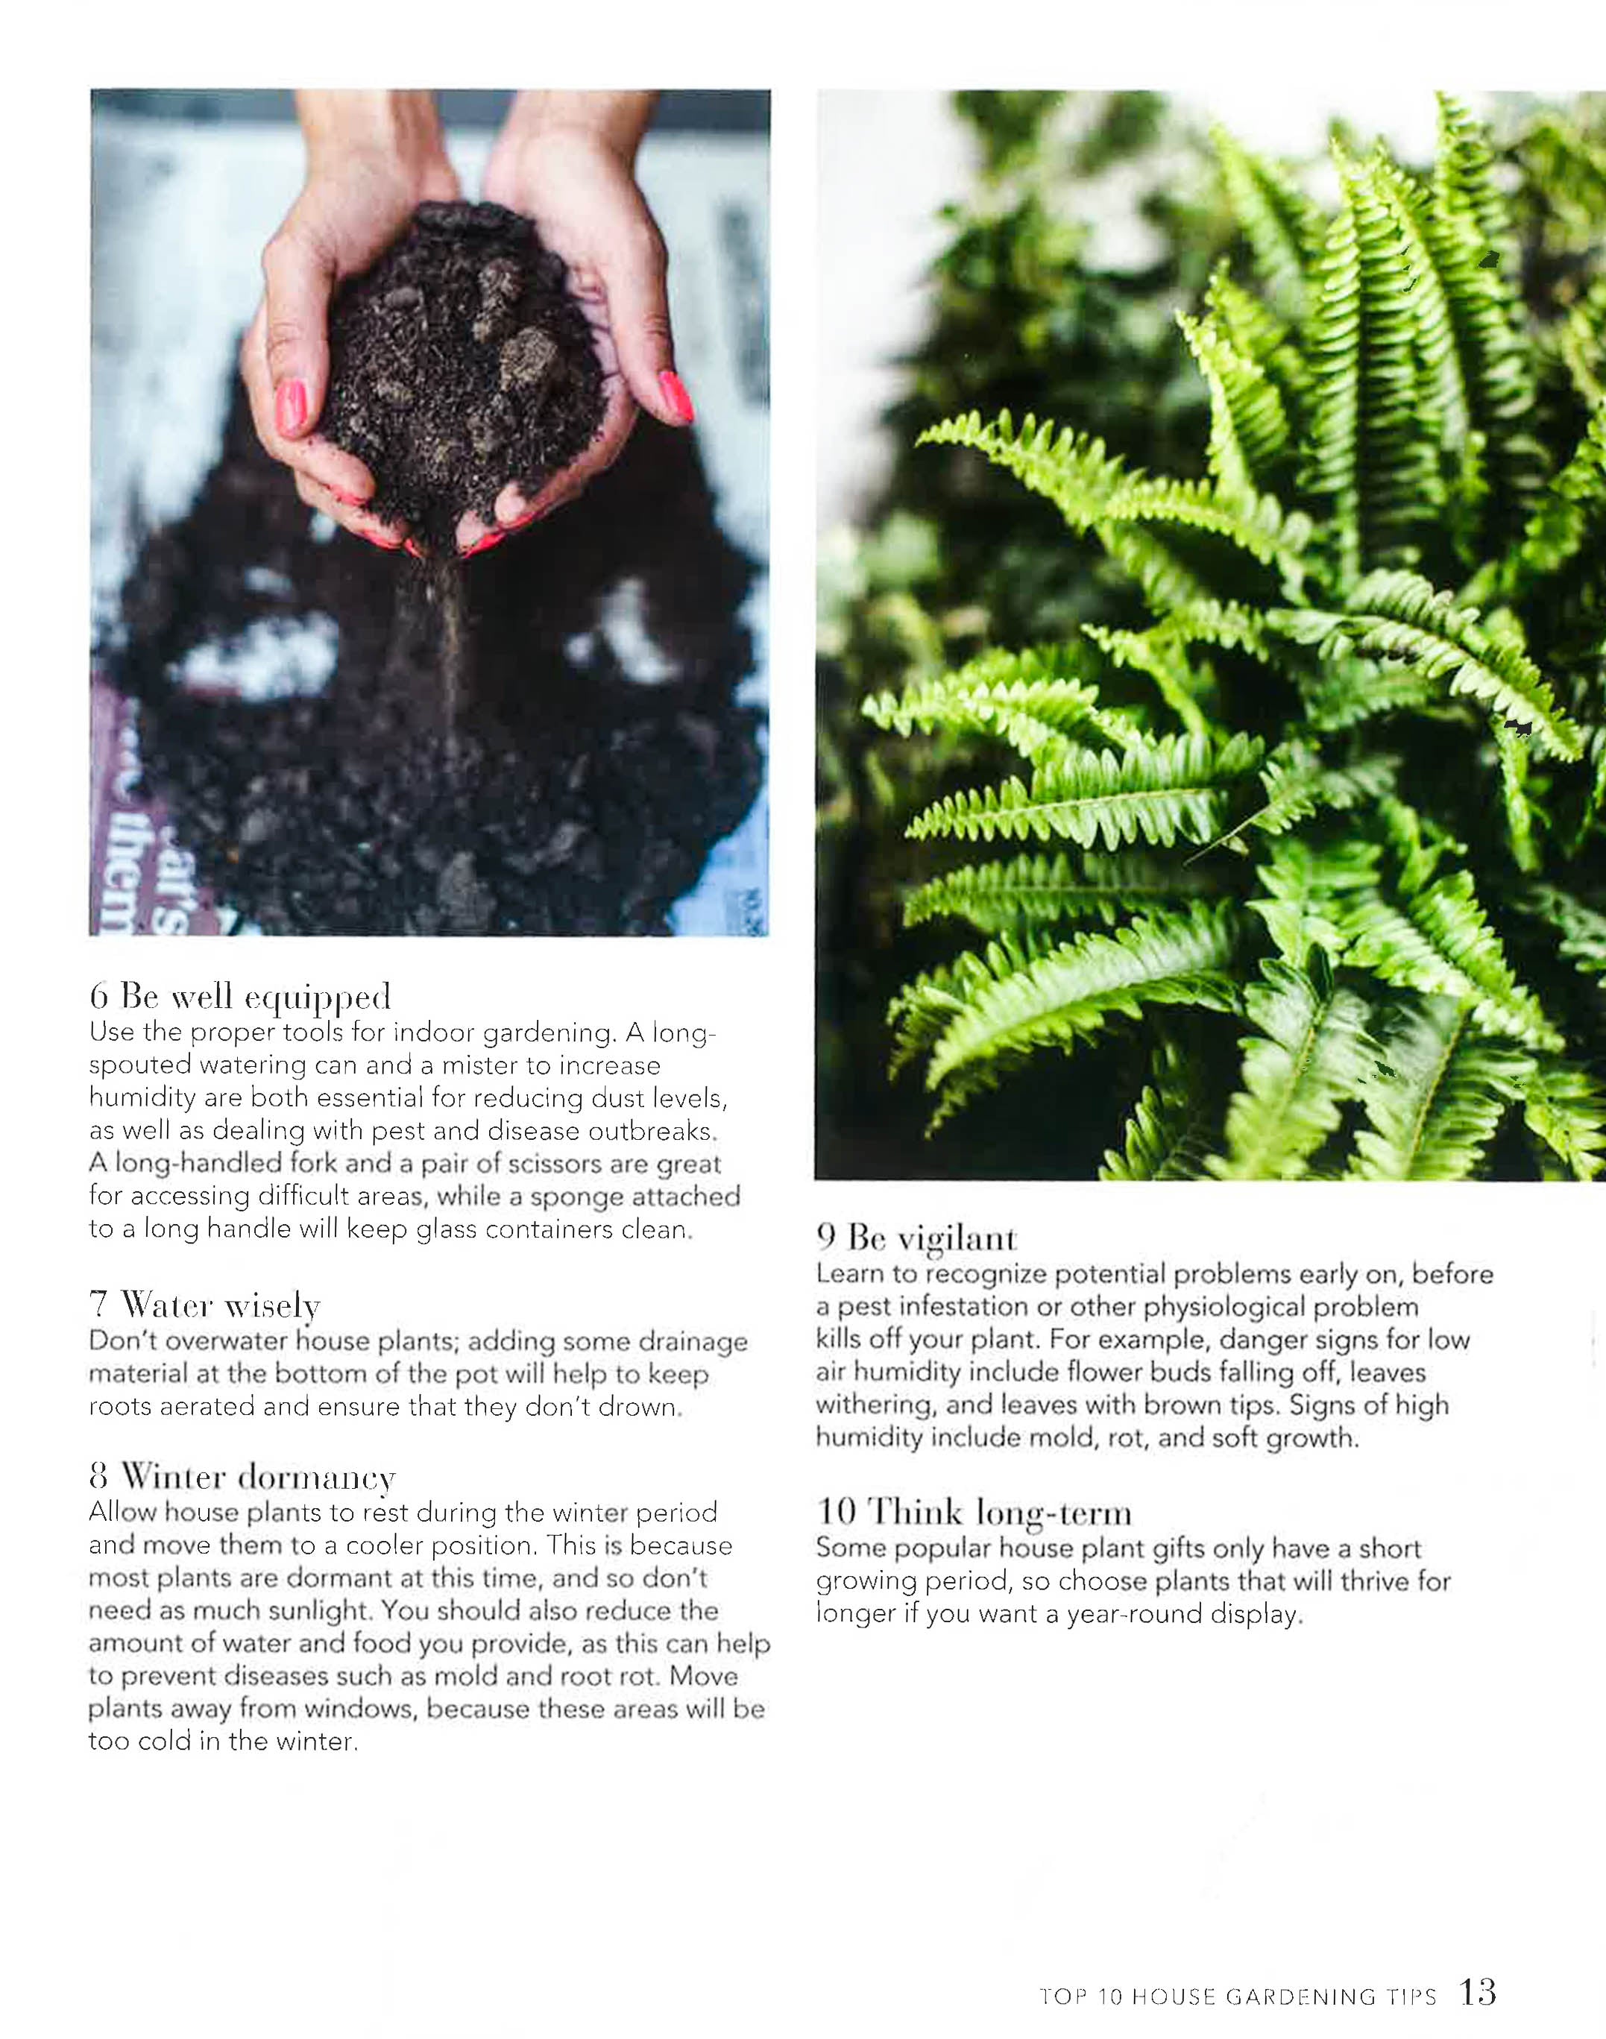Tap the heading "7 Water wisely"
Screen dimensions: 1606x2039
click(x=205, y=1305)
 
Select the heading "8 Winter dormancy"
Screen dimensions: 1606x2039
click(x=242, y=1477)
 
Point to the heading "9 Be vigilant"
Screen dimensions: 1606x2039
click(x=917, y=1238)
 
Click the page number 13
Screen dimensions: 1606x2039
click(x=1477, y=1991)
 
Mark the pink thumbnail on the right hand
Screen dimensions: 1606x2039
click(x=676, y=395)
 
